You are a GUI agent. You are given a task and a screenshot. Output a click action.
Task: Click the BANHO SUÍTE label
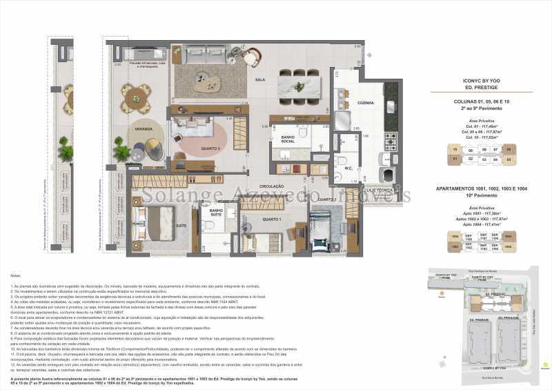click(x=216, y=212)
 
